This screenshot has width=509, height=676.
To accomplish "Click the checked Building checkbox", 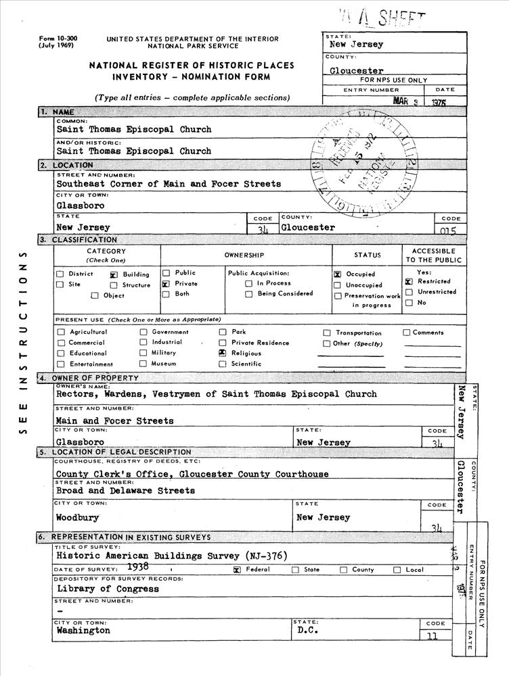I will [114, 275].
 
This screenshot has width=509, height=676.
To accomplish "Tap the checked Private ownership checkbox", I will [165, 285].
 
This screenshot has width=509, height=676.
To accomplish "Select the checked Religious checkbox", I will [222, 353].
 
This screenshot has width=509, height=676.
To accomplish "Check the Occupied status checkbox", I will [337, 274].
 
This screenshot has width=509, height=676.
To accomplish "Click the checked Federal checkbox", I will [237, 570].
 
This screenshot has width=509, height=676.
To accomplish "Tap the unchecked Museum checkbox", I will [143, 364].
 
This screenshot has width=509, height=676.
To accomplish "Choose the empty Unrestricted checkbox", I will [409, 292].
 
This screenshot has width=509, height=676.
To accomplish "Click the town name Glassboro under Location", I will [81, 206].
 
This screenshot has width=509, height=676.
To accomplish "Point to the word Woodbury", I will [77, 518].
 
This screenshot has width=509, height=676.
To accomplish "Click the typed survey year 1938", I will [138, 568].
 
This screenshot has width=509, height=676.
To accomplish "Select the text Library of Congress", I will [108, 589].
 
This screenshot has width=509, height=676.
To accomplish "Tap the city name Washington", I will [83, 630].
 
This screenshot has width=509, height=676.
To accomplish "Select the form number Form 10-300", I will [58, 39].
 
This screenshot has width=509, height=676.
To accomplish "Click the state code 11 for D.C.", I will [433, 635].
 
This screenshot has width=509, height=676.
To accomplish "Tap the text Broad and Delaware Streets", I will [116, 491].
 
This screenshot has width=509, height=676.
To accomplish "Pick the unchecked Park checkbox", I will [222, 332].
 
